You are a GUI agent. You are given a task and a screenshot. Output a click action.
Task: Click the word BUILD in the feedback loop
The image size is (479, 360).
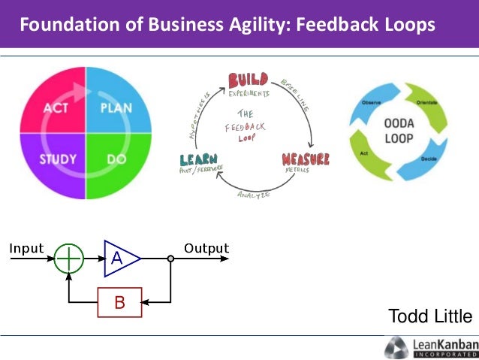(248, 79)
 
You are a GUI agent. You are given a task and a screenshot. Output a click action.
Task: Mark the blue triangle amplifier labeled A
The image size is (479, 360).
(119, 258)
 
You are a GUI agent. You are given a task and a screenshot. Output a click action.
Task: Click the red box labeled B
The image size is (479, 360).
(119, 302)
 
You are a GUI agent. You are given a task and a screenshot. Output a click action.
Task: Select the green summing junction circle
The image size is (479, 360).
(69, 259)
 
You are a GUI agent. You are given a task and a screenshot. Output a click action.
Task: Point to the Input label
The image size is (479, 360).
(26, 248)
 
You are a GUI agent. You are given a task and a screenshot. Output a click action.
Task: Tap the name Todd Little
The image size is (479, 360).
(430, 316)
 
